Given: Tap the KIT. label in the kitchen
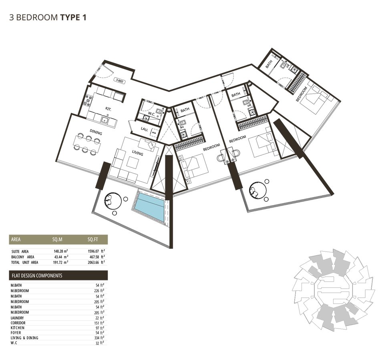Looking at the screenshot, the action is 108,109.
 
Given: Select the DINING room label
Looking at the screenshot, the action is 96,132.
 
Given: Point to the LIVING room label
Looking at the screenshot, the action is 137,153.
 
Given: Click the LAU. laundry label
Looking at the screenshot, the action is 144,129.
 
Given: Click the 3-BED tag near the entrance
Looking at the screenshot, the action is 119,80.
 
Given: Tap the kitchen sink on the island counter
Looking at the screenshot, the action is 105,120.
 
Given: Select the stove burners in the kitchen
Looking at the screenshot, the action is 87,101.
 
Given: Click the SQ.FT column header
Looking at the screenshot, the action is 93,240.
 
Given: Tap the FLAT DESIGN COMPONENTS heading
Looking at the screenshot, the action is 37,276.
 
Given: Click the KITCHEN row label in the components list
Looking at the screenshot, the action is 18,328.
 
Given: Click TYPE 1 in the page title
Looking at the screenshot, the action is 73,18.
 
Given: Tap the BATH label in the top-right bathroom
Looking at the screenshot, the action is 269,64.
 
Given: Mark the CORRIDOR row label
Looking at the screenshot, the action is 18,323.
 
